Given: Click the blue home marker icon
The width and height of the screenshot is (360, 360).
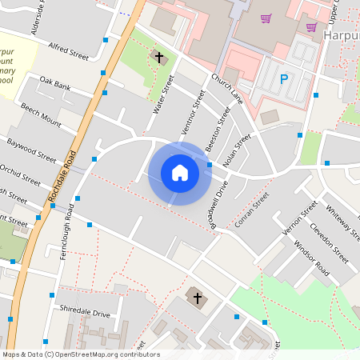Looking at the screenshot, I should pyautogui.click(x=180, y=173).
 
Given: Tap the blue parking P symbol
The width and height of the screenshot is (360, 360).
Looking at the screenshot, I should pyautogui.click(x=283, y=79).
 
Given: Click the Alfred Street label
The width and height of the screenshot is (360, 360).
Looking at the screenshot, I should pyautogui.click(x=68, y=52).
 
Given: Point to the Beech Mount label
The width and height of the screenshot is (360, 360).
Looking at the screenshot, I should pyautogui.click(x=41, y=114).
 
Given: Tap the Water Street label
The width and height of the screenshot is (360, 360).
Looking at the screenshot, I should pyautogui.click(x=163, y=94).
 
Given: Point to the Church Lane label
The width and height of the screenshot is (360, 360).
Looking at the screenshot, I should pyautogui.click(x=227, y=88).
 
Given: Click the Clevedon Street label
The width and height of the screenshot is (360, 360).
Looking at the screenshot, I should pyautogui.click(x=329, y=244).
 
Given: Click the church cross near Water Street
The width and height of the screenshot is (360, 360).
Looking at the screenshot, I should pyautogui.click(x=158, y=58).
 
